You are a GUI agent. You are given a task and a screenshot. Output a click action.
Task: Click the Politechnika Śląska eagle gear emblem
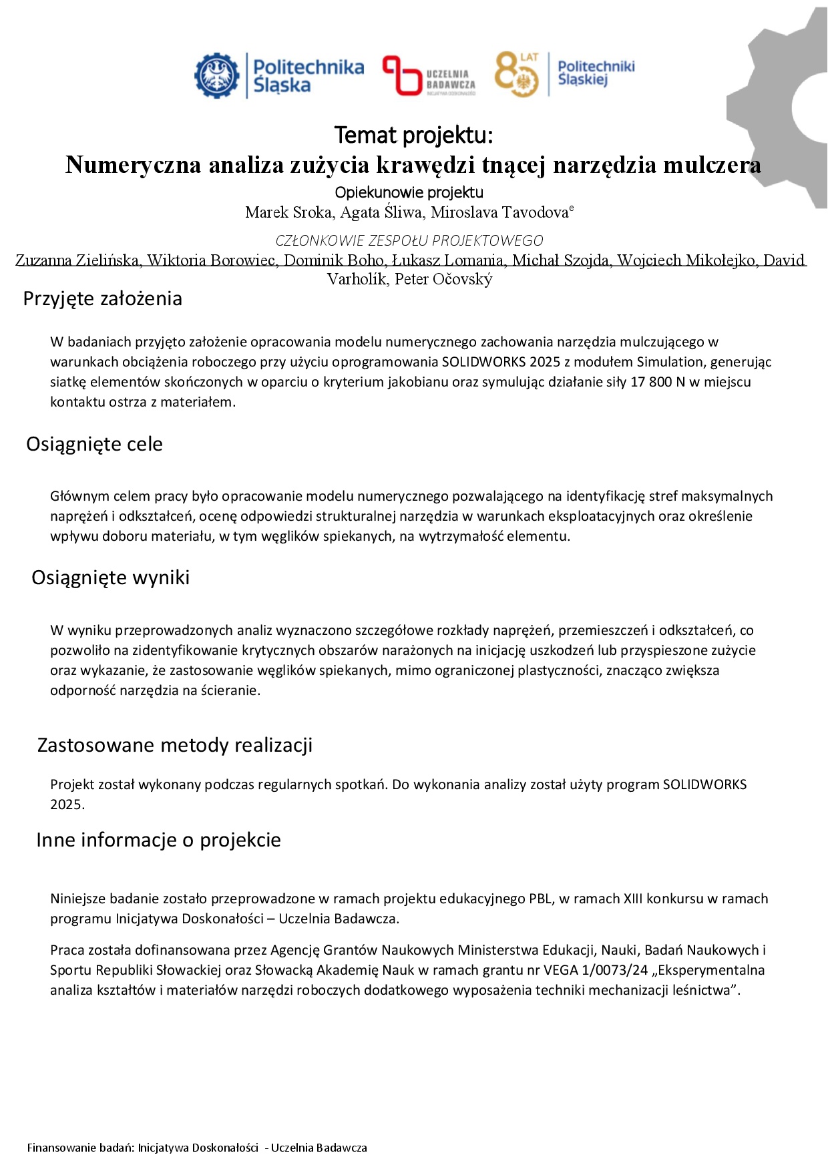pos(217,75)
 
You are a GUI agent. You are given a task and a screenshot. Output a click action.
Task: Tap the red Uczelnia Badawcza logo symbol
pos(400,75)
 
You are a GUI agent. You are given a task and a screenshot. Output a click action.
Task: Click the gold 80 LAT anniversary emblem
pos(516,74)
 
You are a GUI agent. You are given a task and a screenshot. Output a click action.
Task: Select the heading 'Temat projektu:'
pos(413,135)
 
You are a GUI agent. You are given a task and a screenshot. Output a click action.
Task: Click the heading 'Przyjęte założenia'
pos(102,298)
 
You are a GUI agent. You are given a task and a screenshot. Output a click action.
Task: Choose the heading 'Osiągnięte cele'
pos(94,444)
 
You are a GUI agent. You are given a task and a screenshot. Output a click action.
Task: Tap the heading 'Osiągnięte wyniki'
pos(110,577)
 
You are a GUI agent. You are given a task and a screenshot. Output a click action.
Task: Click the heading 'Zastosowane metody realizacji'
pos(175,745)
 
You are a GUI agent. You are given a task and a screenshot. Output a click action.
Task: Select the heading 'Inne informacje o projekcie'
pos(158,840)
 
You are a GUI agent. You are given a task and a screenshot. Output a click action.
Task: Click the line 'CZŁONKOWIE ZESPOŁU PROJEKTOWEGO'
pos(409,240)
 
